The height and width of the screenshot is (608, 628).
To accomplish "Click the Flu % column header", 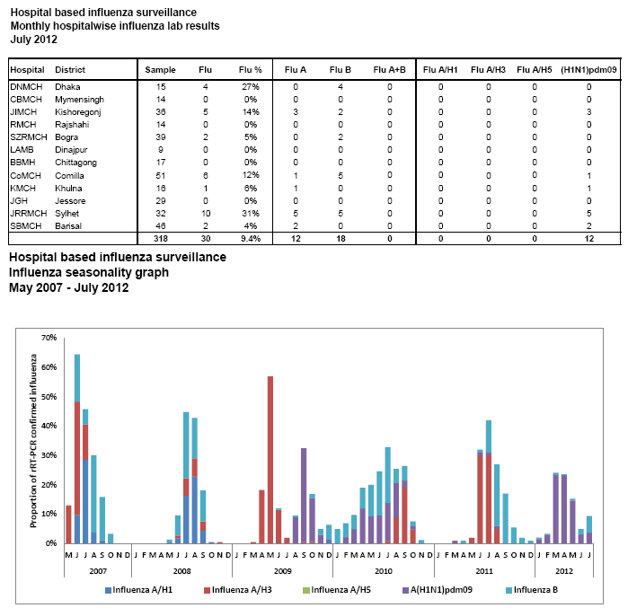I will click(x=251, y=69).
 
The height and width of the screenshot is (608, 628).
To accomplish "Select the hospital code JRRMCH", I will click(x=25, y=212).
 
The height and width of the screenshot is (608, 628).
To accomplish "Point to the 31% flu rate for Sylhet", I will click(x=252, y=212).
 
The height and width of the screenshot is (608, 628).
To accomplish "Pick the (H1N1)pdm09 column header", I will click(x=588, y=69).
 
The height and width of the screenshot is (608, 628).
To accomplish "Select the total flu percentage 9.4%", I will click(x=251, y=239).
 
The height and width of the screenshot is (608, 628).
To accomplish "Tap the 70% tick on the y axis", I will click(x=50, y=338).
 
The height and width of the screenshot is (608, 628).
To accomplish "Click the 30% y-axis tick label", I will click(x=50, y=455).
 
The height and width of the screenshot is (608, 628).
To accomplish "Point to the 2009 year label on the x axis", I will click(x=283, y=570).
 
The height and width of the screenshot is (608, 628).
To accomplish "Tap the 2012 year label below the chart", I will click(x=564, y=570).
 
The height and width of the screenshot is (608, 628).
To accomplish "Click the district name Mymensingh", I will click(x=79, y=99).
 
